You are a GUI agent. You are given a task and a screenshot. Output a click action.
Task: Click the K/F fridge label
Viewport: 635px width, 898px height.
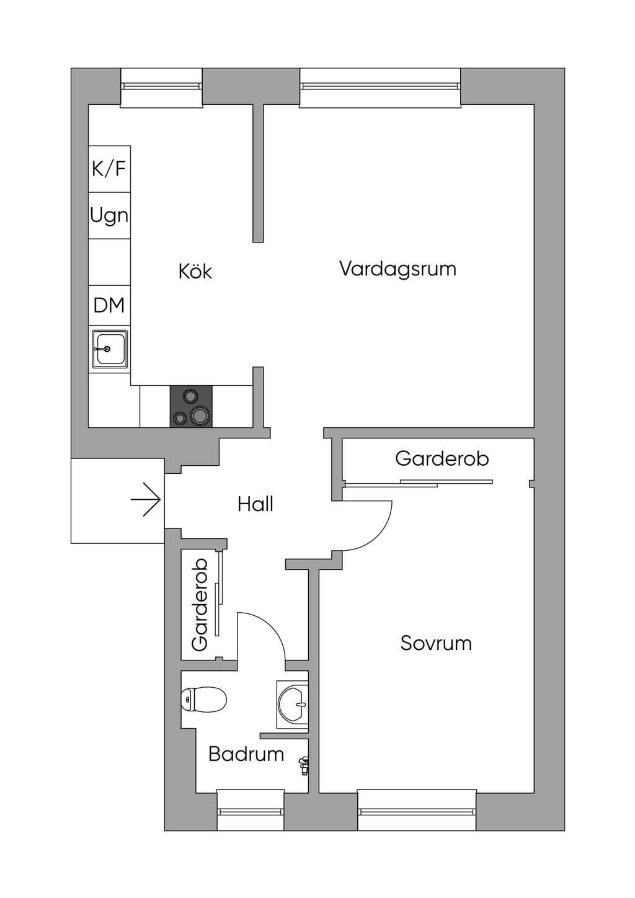[x=109, y=169]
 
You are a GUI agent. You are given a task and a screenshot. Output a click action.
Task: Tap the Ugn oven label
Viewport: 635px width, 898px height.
[x=109, y=216]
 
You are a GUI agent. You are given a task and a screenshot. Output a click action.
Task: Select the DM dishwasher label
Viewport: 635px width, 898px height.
[x=109, y=305]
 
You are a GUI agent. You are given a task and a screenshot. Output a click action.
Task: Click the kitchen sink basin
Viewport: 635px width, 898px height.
[x=110, y=349]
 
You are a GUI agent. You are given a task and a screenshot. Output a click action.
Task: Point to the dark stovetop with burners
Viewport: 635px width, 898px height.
[x=191, y=406]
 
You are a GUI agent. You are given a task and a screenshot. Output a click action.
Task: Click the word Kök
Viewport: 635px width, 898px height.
[x=195, y=272]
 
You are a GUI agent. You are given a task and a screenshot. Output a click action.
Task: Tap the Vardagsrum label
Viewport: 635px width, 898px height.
[x=397, y=269]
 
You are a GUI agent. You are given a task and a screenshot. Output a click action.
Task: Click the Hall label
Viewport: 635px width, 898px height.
[x=255, y=504]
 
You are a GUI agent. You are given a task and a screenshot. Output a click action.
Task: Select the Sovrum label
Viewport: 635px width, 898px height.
[x=436, y=643]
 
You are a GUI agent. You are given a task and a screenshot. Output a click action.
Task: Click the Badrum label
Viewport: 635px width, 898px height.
[x=246, y=754]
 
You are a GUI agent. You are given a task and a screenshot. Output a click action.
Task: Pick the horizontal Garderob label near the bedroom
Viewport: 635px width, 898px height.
[x=442, y=459]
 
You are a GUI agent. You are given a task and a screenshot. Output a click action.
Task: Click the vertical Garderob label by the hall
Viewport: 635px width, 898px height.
[x=200, y=605]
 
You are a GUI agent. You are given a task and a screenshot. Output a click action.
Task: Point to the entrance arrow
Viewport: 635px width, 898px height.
[x=146, y=499]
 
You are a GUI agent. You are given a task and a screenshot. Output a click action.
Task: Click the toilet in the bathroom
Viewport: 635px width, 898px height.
[x=203, y=699]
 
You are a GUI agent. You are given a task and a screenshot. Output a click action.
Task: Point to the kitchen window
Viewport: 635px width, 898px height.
[x=162, y=88]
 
